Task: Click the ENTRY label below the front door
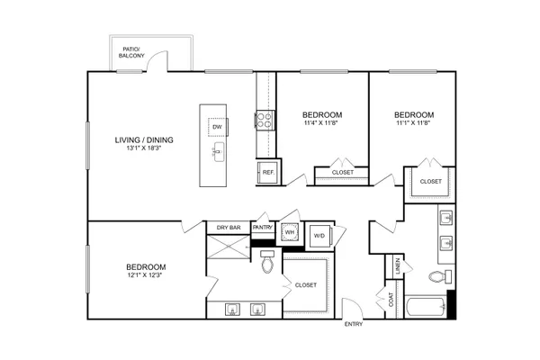pos(354,324)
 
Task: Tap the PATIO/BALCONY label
pos(131,52)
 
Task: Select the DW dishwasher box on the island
pos(217,127)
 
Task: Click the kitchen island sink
pos(219,152)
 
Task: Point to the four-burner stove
pos(265,121)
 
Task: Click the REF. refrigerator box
pos(268,172)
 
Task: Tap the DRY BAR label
pos(229,228)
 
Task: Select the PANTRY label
pos(263,228)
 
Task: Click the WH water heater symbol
pos(290,232)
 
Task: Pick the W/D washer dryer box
pos(319,236)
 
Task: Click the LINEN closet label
pos(398,266)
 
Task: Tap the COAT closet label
pos(391,300)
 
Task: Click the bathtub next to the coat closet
pos(427,307)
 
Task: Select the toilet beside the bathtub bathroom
pos(440,276)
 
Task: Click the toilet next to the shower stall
pos(267,262)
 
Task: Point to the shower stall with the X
pos(229,247)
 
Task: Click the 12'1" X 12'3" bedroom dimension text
pos(145,275)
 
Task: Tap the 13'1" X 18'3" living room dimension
pos(144,148)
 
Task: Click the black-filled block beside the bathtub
pos(452,304)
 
